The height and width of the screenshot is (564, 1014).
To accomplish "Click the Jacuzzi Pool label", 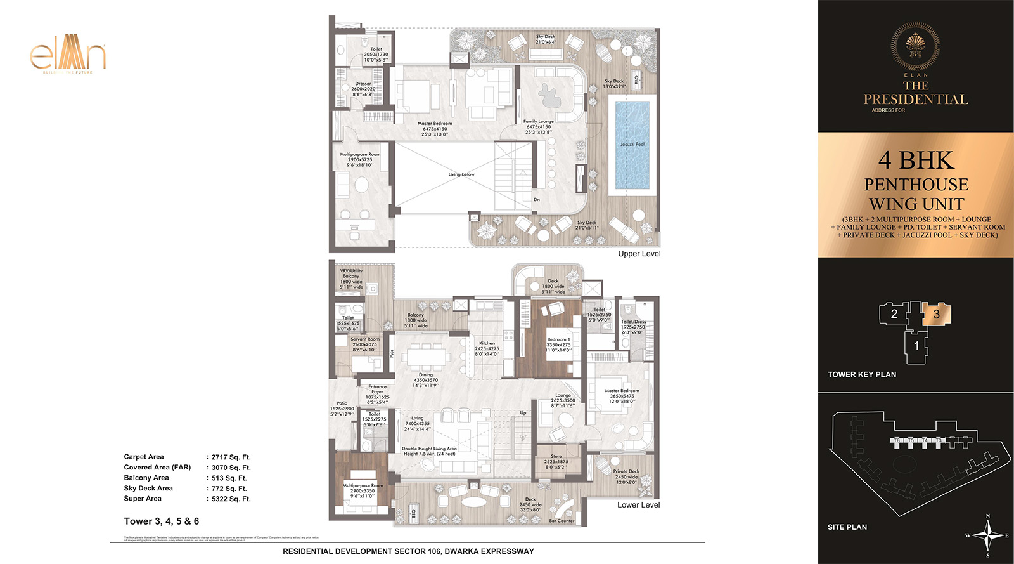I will click(632, 144).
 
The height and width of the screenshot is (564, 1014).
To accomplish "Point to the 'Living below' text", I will click(461, 174).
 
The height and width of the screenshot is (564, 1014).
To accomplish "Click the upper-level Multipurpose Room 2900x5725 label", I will click(360, 159).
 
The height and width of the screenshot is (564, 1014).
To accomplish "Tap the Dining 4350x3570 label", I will click(425, 379).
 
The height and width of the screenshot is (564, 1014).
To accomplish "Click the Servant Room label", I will click(365, 344).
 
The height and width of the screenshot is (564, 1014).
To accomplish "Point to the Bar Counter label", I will click(562, 521).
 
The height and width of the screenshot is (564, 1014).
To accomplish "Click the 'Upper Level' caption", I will click(639, 254).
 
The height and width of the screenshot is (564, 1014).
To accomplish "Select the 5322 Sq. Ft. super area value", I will click(231, 499).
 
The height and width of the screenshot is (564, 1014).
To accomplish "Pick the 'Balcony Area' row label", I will click(146, 478).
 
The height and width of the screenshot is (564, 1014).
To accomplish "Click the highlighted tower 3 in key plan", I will click(936, 313).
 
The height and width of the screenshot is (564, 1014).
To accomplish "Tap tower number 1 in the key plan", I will click(916, 346).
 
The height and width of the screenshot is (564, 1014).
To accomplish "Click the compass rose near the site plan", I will click(987, 535).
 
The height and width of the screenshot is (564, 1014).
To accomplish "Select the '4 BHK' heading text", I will click(915, 160).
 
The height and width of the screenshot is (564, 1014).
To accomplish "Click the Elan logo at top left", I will click(67, 56).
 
